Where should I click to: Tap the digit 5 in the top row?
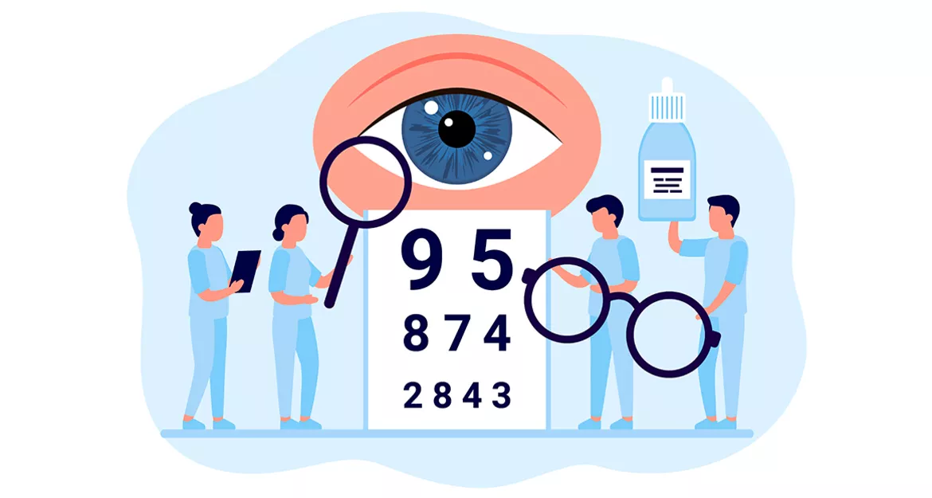[491, 258]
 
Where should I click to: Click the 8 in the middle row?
[416, 333]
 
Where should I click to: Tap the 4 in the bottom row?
[472, 395]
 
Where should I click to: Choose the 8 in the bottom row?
[441, 395]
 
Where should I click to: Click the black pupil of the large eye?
[456, 129]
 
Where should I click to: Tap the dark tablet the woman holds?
[245, 270]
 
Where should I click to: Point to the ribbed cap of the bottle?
[666, 107]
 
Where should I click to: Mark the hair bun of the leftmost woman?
[195, 209]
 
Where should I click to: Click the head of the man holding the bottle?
[723, 214]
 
